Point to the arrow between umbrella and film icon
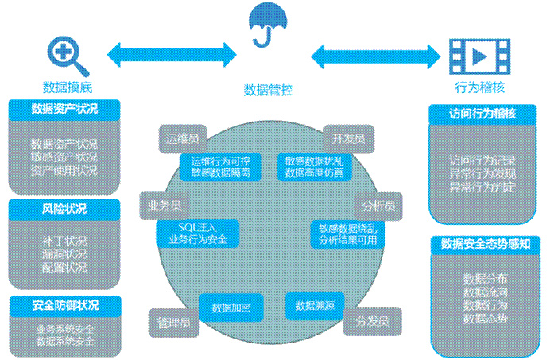(375, 56)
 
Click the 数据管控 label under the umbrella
(269, 90)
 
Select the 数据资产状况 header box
(64, 109)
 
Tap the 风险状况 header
(64, 209)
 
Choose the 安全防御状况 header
(65, 306)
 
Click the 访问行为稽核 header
(483, 114)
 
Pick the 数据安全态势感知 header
(484, 245)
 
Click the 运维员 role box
(182, 137)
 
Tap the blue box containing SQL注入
(198, 232)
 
